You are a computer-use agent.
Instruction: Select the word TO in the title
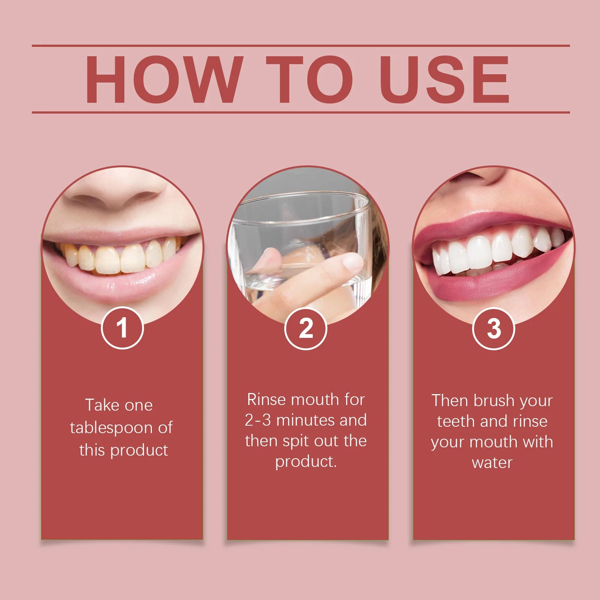[310, 79]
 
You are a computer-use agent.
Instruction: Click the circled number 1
[122, 328]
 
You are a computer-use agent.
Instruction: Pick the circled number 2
[306, 329]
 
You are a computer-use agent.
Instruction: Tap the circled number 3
[493, 329]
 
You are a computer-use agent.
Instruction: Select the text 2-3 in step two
[258, 420]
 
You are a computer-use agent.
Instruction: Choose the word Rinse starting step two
[267, 400]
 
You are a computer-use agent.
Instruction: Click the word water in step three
[492, 463]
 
